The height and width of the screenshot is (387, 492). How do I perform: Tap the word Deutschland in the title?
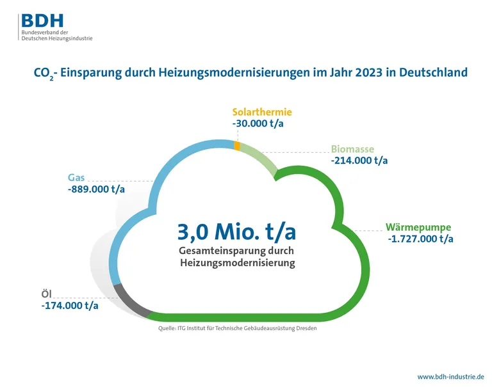(433, 73)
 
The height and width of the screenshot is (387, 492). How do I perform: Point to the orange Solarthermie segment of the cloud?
(238, 146)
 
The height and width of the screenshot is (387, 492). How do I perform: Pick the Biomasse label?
(352, 149)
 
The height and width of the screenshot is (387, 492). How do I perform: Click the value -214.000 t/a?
(359, 161)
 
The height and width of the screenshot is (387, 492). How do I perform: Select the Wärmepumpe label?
(419, 227)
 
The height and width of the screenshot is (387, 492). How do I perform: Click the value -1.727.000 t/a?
(420, 239)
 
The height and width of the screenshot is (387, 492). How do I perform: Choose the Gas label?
(77, 177)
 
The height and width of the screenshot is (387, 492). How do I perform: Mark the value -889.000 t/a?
(97, 189)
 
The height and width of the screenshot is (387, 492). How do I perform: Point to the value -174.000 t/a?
(69, 305)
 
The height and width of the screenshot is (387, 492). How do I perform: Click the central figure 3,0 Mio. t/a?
(236, 230)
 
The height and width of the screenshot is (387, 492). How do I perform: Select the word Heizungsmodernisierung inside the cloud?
(237, 263)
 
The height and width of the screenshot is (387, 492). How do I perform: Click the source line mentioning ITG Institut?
(237, 328)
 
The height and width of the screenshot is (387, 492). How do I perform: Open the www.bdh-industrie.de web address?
(450, 376)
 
